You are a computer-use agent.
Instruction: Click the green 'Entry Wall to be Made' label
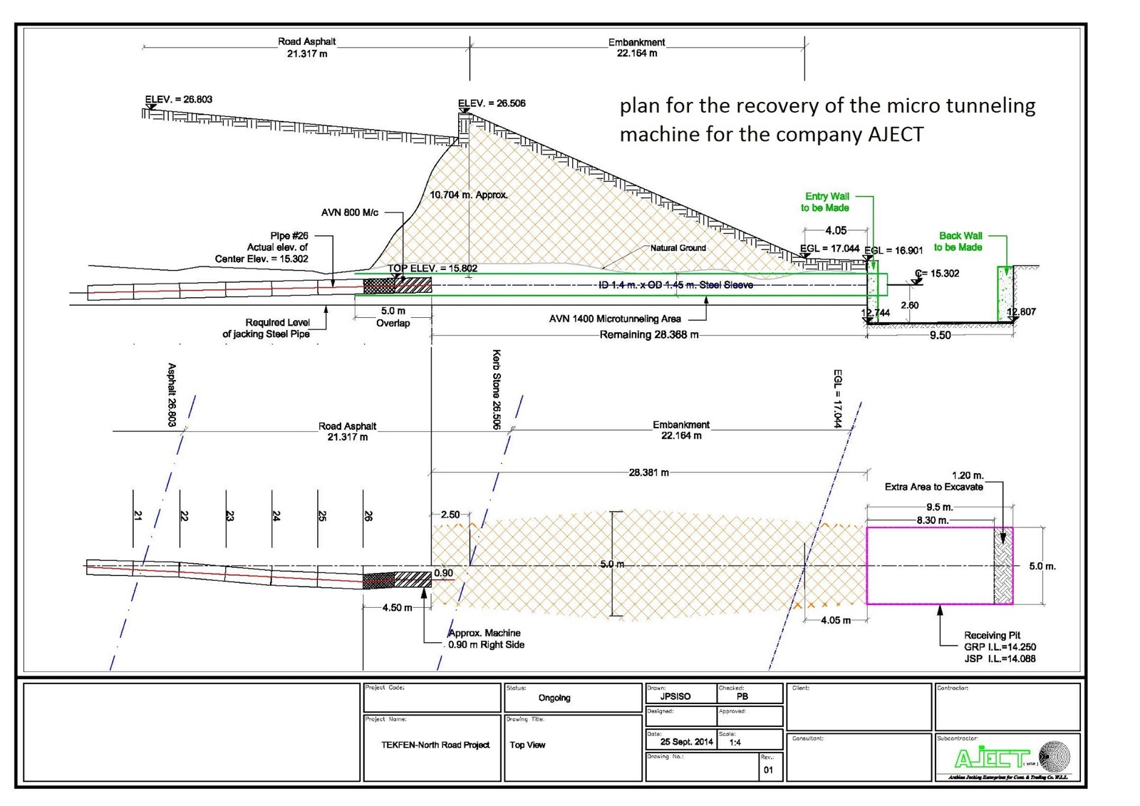[825, 202]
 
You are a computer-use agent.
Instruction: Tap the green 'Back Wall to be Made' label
[959, 242]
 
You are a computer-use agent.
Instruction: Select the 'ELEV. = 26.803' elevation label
[179, 100]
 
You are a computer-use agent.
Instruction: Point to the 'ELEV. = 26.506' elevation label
[492, 103]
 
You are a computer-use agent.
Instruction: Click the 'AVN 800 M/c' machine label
[350, 212]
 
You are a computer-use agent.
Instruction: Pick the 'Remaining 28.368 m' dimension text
[648, 335]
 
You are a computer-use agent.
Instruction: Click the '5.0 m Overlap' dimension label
[393, 317]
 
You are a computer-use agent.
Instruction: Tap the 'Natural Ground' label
[678, 248]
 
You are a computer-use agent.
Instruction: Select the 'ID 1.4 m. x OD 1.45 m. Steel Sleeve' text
[675, 285]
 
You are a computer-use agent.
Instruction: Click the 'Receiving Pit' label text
[992, 635]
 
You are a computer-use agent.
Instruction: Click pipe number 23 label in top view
[229, 515]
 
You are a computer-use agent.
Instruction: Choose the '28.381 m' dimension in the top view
[648, 472]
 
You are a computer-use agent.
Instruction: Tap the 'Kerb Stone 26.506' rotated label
[496, 389]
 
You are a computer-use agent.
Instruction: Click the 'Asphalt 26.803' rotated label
[172, 395]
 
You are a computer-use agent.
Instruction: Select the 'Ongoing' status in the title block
[554, 698]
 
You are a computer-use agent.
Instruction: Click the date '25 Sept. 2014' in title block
[686, 742]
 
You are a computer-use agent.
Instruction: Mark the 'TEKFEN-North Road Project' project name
[435, 745]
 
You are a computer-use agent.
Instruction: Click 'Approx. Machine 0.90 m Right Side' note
[486, 639]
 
